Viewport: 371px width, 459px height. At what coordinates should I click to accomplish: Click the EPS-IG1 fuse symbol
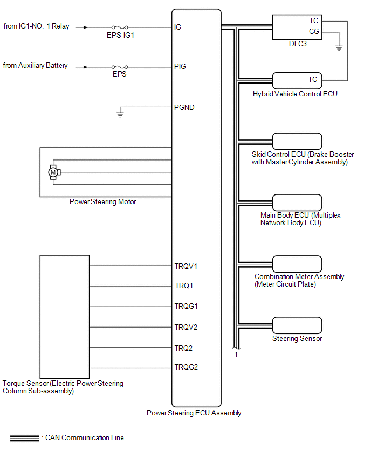click(x=119, y=27)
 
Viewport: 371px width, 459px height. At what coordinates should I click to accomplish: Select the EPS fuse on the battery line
click(x=119, y=67)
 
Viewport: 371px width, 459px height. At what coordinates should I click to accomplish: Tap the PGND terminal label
click(x=184, y=107)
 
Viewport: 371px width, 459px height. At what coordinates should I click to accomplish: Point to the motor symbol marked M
click(x=53, y=172)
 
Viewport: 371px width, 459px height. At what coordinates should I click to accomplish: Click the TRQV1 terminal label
click(x=186, y=266)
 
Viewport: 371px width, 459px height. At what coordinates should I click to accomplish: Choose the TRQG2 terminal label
click(x=186, y=367)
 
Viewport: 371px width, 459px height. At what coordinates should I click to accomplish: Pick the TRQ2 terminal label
click(x=183, y=348)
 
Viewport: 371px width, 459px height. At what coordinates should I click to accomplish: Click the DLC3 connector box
click(x=298, y=26)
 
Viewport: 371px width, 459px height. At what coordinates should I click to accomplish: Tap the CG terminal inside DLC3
click(x=314, y=32)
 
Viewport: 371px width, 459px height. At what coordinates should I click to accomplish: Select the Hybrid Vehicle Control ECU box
click(x=297, y=80)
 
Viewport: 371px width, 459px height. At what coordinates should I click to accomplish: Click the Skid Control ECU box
click(x=297, y=141)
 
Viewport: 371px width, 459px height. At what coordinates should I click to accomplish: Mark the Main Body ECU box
click(x=297, y=202)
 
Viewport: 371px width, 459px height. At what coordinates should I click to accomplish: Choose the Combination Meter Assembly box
click(x=297, y=264)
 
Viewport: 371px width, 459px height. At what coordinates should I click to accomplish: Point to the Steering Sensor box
click(x=297, y=325)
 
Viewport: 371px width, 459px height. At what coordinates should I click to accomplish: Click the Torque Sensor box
click(x=65, y=317)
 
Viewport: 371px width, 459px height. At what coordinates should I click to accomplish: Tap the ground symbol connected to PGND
click(x=120, y=114)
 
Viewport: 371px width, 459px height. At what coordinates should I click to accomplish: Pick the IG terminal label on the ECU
click(x=178, y=26)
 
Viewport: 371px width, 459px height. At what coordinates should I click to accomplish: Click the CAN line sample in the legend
click(x=24, y=438)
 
